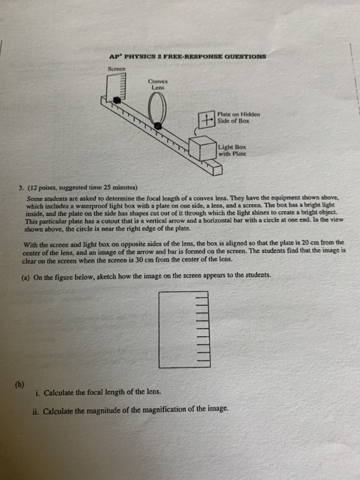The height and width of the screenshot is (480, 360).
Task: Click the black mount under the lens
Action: click(158, 126)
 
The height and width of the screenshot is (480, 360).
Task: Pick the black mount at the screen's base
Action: click(117, 99)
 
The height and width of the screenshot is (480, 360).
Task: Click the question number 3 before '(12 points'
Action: click(21, 187)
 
